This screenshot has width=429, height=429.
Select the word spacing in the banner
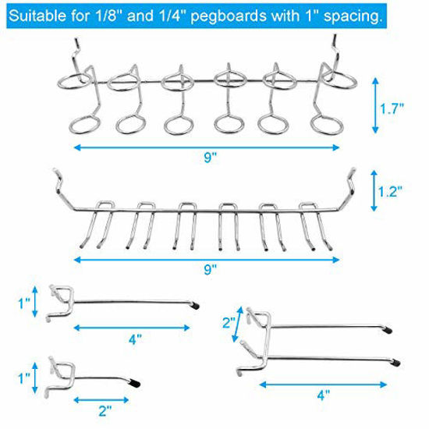tap(356, 15)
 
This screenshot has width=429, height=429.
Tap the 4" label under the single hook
tap(136, 339)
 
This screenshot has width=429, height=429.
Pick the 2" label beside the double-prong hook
tap(226, 321)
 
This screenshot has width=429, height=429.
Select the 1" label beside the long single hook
tap(23, 300)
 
